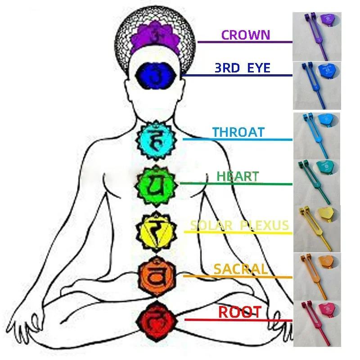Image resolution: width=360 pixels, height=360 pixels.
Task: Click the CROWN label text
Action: click(x=245, y=35)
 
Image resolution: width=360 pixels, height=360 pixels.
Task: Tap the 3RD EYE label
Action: click(x=243, y=68)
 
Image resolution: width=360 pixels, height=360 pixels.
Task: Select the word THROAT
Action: click(x=238, y=132)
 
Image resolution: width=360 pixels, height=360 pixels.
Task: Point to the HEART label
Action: click(x=238, y=176)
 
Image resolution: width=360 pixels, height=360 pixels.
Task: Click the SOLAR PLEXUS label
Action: click(x=239, y=225)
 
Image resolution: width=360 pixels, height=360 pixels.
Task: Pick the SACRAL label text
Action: click(x=241, y=269)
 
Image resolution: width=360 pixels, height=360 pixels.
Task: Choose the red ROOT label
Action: click(x=240, y=312)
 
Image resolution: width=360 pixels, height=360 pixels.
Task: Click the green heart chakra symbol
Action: click(x=156, y=185)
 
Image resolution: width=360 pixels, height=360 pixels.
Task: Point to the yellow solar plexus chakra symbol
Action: click(x=156, y=231)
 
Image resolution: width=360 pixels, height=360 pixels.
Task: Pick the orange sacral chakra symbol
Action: click(x=157, y=277)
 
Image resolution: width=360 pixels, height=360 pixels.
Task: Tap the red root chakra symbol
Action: click(x=157, y=321)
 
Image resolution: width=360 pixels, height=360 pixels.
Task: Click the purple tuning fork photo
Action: click(x=317, y=37)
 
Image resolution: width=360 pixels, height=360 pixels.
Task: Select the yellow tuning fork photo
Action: click(x=317, y=229)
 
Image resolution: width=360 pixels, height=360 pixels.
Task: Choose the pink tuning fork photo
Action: click(x=317, y=324)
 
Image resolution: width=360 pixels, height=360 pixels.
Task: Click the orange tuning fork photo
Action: click(x=317, y=277)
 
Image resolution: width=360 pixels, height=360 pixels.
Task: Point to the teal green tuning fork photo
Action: click(x=317, y=182)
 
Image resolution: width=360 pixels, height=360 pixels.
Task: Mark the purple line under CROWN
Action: click(x=245, y=42)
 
